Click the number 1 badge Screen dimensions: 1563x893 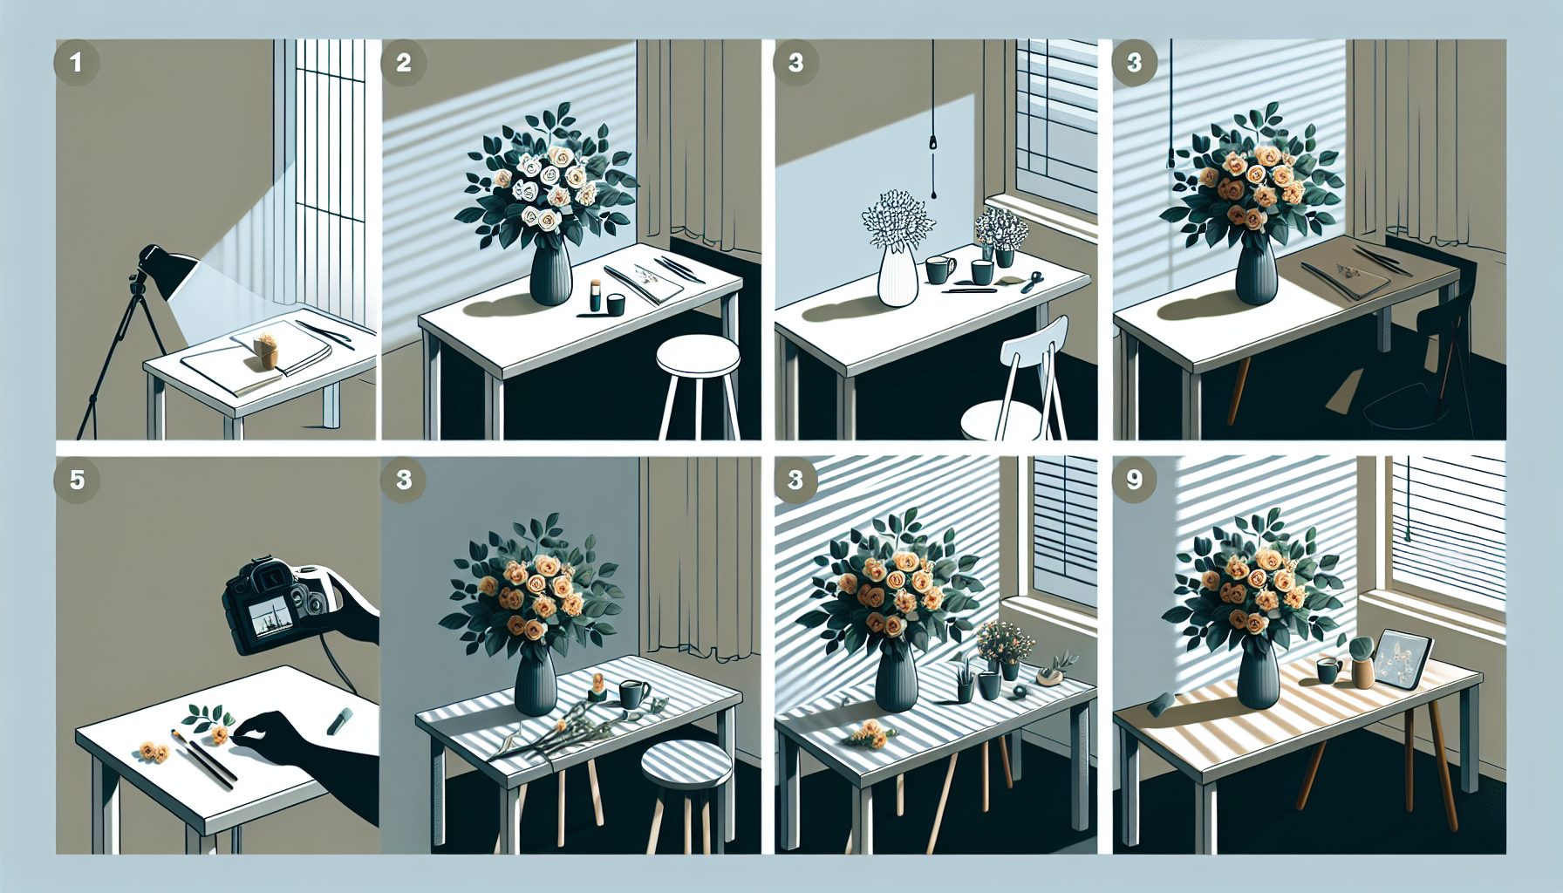point(77,63)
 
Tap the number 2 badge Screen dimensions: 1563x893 point(404,63)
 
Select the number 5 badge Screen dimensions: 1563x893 point(77,480)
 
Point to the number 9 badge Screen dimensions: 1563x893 point(1135,480)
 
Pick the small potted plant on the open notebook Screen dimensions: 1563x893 point(266,349)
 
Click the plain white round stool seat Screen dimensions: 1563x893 point(698,355)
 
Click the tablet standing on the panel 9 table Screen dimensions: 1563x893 point(1401,658)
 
